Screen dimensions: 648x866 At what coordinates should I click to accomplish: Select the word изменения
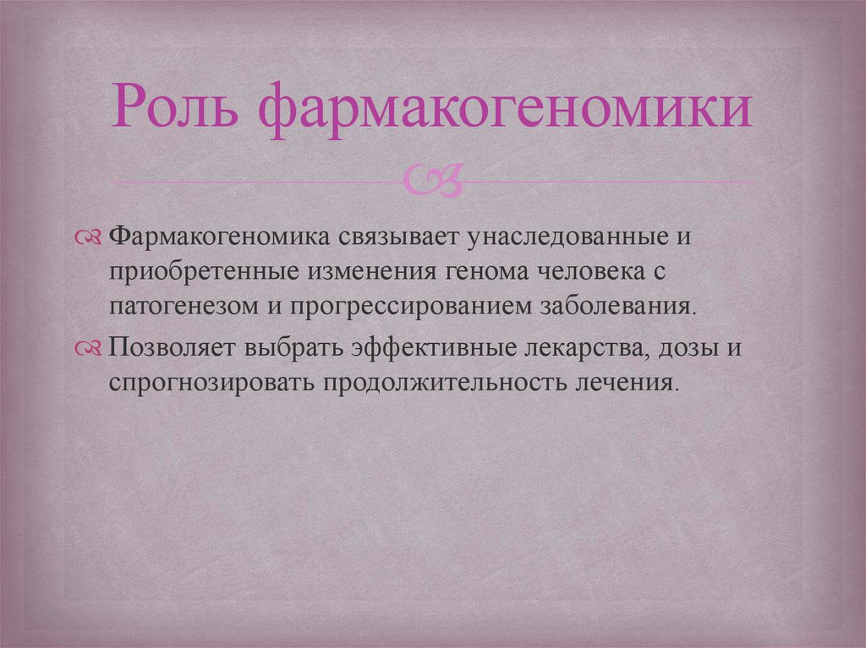click(369, 272)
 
